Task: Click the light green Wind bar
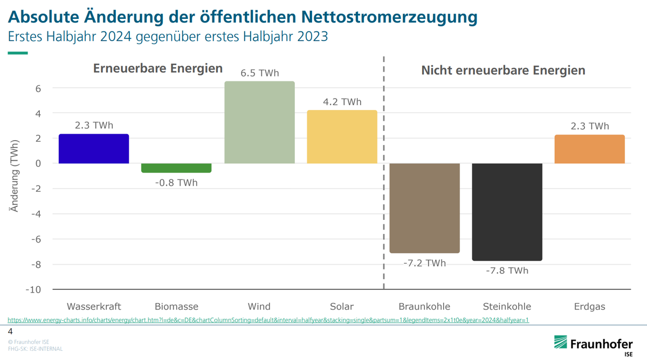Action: (x=259, y=122)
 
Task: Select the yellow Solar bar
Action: (x=342, y=137)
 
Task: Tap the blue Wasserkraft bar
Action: (x=94, y=149)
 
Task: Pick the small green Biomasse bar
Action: (x=176, y=168)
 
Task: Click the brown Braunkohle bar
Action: (x=424, y=208)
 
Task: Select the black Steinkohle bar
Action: (x=507, y=212)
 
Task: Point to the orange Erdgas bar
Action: (x=589, y=149)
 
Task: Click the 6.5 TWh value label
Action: (x=259, y=73)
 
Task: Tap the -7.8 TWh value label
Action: (x=507, y=271)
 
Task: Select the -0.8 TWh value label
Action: (x=176, y=183)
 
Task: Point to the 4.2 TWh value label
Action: (x=342, y=102)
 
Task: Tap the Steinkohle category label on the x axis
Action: (x=507, y=307)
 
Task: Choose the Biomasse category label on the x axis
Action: (x=176, y=307)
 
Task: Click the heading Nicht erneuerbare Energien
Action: (x=503, y=71)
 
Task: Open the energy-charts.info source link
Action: (x=268, y=320)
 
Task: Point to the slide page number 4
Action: (x=10, y=331)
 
